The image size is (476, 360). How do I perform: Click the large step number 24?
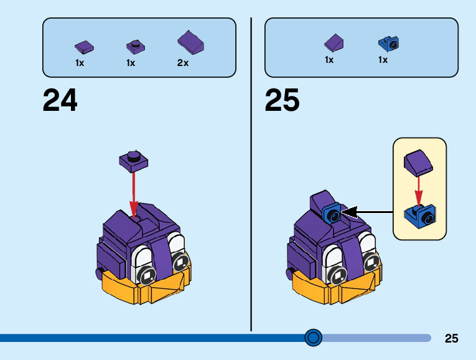coord(60,100)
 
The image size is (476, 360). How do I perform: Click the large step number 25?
coord(282,100)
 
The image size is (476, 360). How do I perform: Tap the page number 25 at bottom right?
coord(452,339)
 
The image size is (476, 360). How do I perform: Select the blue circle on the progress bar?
coord(314,338)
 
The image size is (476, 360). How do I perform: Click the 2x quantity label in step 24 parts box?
coord(182,63)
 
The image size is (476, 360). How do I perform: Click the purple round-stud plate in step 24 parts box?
coord(134,45)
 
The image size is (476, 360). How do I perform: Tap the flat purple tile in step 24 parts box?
coord(83,45)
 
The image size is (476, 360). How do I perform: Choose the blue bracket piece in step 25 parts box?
coord(388,44)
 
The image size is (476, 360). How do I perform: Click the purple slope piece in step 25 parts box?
coord(334,42)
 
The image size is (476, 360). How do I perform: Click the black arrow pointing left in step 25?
coord(367,212)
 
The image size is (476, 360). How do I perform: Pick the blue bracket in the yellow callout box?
coord(420,215)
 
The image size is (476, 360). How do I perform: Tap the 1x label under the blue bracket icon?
coord(383,60)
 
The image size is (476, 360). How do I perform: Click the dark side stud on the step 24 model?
coord(99,272)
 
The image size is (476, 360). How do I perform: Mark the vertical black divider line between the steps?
coord(251,174)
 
